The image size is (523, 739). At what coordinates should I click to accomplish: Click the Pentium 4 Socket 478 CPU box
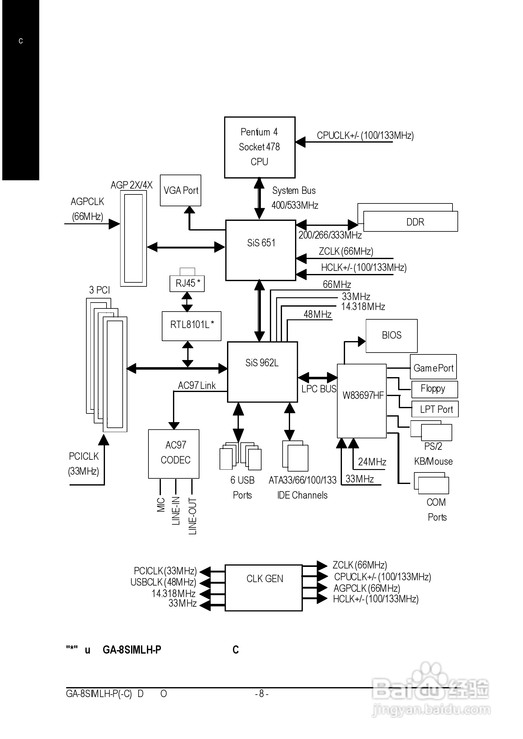pyautogui.click(x=260, y=147)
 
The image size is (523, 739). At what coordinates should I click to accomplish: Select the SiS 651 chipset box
pyautogui.click(x=261, y=250)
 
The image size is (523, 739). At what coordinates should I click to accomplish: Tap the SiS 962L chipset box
pyautogui.click(x=262, y=372)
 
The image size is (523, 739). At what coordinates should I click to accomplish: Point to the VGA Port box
pyautogui.click(x=181, y=190)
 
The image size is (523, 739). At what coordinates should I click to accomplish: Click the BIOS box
pyautogui.click(x=391, y=336)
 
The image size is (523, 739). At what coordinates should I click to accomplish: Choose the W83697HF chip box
pyautogui.click(x=362, y=401)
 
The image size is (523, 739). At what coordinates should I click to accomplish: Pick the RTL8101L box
pyautogui.click(x=192, y=326)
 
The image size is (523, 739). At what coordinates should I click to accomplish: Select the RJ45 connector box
pyautogui.click(x=187, y=284)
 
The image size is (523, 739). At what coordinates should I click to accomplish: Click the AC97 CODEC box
pyautogui.click(x=174, y=454)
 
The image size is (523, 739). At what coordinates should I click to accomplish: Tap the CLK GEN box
pyautogui.click(x=264, y=588)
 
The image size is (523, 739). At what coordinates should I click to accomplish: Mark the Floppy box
pyautogui.click(x=434, y=389)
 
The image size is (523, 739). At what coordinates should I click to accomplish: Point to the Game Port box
pyautogui.click(x=433, y=367)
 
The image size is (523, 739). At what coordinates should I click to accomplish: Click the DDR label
pyautogui.click(x=415, y=222)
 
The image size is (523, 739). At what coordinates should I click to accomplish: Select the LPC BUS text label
pyautogui.click(x=319, y=389)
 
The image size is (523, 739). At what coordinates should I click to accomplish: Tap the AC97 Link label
pyautogui.click(x=197, y=385)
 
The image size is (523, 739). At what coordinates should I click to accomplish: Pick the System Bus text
pyautogui.click(x=294, y=190)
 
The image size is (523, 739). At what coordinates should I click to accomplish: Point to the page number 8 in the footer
pyautogui.click(x=261, y=693)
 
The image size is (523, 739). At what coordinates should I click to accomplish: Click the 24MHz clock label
pyautogui.click(x=372, y=462)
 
